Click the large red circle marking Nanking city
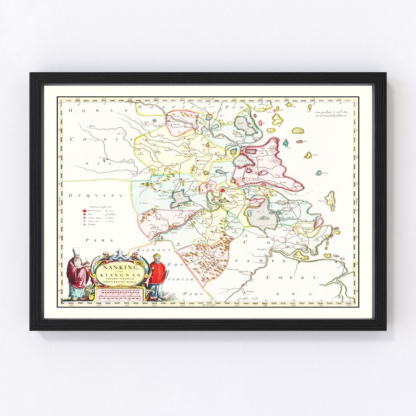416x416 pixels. point(222,191)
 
